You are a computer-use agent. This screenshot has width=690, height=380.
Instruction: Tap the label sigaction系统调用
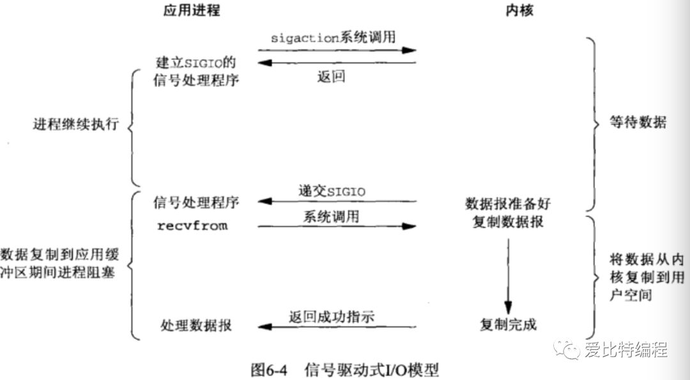tap(333, 38)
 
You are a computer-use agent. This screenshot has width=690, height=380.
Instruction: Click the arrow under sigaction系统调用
tap(337, 49)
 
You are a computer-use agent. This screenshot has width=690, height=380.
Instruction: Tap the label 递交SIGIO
tap(332, 190)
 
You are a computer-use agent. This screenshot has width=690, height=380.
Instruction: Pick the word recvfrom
tap(192, 226)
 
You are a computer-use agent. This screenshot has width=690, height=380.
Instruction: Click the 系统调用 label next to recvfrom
tap(331, 216)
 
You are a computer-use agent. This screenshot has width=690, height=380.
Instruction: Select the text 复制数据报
tap(507, 224)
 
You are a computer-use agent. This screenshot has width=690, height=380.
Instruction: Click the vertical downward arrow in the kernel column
tap(508, 274)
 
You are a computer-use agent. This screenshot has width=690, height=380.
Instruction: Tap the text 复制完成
tap(508, 325)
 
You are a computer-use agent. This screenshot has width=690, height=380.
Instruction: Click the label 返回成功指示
tap(332, 315)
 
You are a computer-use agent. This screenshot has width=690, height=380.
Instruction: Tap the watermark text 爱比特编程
tap(625, 349)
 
